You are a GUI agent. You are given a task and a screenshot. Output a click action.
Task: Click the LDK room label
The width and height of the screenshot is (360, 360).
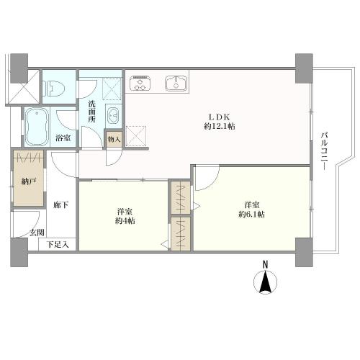pos(220,117)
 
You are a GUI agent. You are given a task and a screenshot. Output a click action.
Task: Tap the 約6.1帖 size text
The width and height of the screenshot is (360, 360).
pos(252,215)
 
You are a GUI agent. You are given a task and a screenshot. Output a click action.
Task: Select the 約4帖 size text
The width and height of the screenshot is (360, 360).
pos(125,221)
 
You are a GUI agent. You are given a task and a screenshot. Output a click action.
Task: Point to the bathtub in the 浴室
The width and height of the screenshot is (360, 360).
pos(36,127)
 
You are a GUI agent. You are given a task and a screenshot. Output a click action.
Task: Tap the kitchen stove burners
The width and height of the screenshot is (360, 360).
pos(140,83)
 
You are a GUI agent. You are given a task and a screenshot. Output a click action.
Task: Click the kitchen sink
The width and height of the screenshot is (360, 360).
pos(176,84)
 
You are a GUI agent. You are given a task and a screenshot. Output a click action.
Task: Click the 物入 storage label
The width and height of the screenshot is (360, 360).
pos(114,139)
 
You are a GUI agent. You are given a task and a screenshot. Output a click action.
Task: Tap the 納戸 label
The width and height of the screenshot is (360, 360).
pos(29,181)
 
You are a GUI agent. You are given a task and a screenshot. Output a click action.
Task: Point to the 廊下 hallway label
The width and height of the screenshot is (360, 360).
pos(60,205)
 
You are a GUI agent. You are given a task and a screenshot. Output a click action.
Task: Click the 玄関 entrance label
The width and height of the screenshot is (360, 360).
pos(37,233)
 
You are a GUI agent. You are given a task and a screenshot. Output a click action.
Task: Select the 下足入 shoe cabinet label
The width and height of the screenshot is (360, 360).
pos(58,245)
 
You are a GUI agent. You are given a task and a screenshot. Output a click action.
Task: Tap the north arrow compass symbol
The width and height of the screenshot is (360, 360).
pos(265,282)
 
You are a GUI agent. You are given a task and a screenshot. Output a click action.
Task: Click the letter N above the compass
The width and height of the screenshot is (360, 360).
pos(265,264)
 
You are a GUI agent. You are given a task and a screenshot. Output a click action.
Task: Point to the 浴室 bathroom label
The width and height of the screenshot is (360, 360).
pos(63,138)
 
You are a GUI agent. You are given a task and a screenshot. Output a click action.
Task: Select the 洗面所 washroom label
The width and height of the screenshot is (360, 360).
pos(91,112)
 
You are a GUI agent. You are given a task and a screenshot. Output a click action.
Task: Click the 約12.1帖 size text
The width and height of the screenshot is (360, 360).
pos(220,126)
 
